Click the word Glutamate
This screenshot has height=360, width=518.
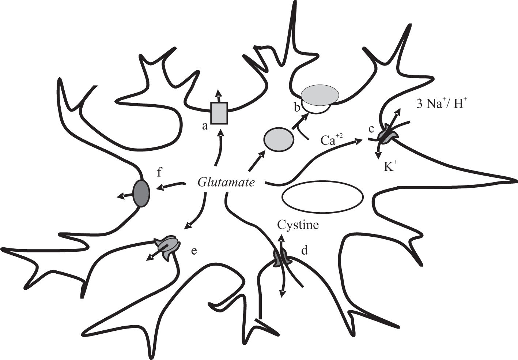coord(226,182)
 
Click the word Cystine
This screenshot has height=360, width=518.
coord(298,224)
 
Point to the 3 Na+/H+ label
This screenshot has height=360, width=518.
coord(442,104)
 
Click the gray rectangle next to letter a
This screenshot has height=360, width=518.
coord(219,113)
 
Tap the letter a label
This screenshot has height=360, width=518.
coord(205,126)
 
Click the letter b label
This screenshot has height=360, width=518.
coord(297,107)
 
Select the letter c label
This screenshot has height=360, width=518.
coord(371,129)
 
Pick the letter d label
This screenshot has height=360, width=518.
coord(304,251)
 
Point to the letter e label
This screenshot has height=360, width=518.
coord(194,251)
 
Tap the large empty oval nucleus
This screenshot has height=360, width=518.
coord(322,197)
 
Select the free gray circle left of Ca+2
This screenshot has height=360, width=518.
coord(279,139)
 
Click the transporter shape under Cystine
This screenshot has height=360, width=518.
coord(281,258)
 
